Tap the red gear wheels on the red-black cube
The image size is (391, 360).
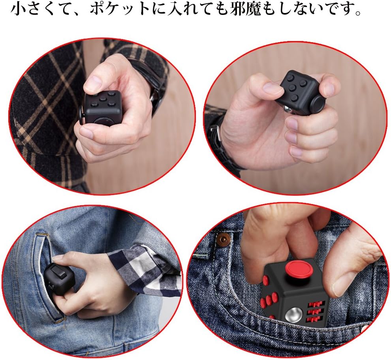pos(316,311)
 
